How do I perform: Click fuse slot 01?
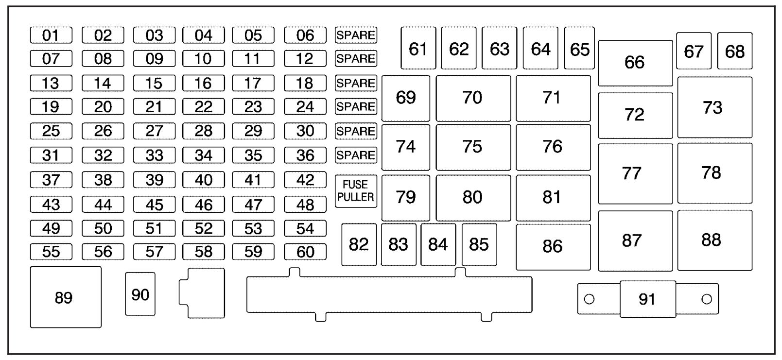(51, 35)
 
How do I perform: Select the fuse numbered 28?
(204, 131)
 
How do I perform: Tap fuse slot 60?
(305, 252)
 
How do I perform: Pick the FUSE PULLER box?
(356, 191)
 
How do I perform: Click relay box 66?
(635, 63)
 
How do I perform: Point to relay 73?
(715, 107)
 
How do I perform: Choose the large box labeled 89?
(66, 297)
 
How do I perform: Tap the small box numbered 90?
(140, 294)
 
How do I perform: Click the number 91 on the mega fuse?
(647, 299)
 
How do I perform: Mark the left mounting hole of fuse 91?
(589, 299)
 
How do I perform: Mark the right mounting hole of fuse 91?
(707, 299)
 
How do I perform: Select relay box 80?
(473, 198)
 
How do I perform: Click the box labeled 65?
(579, 48)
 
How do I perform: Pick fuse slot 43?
(51, 205)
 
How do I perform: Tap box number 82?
(359, 244)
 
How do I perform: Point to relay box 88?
(715, 240)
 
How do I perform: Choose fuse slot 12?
(305, 59)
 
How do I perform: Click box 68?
(735, 51)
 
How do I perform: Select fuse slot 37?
(51, 180)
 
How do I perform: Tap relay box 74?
(406, 147)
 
